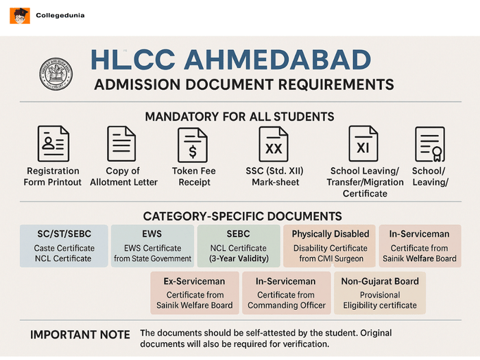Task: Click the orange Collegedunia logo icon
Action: pos(19,15)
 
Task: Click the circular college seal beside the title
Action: pos(56,73)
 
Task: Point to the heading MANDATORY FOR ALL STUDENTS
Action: pos(239,116)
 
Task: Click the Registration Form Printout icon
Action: pos(53,143)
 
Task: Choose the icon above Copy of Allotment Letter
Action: pos(121,143)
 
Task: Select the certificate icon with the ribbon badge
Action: pos(430,144)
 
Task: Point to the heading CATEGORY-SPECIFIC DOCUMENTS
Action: pos(242,216)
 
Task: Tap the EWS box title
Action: pos(152,234)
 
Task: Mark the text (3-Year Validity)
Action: pos(239,259)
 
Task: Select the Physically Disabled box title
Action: pos(331,234)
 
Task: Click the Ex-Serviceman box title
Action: pos(195,281)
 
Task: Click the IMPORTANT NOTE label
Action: pos(80,335)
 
